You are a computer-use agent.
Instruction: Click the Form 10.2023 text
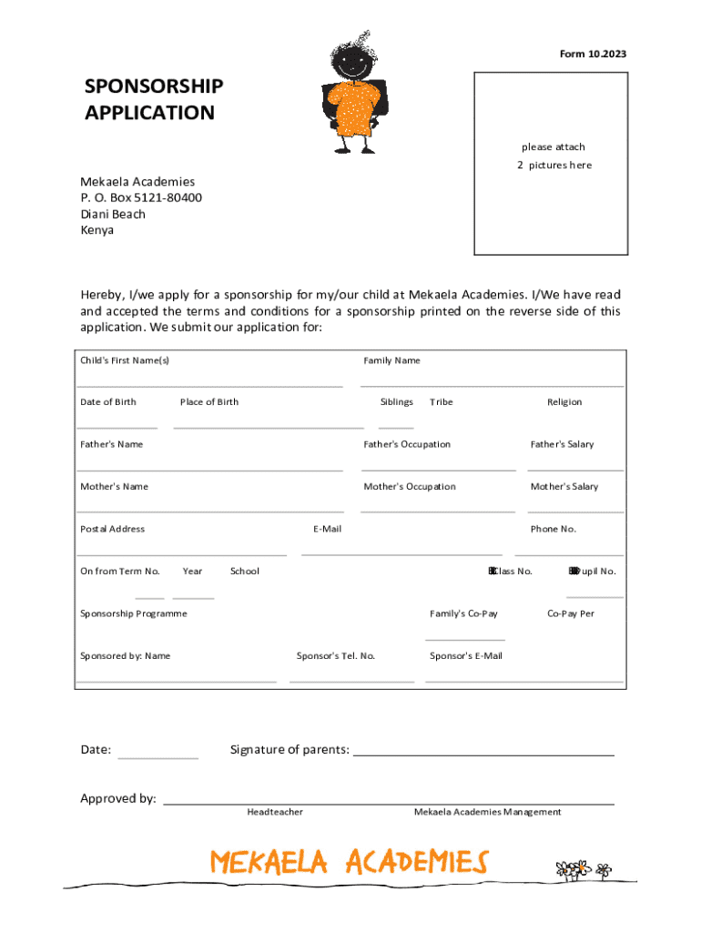593,55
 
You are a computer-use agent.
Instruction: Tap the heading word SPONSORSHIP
153,86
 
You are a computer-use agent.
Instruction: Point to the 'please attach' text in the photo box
553,147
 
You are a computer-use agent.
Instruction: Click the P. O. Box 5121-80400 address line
141,198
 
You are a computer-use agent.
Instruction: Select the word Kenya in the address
97,230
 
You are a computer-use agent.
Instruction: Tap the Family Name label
391,360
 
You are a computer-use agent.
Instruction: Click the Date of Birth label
108,401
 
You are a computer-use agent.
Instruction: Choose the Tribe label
441,401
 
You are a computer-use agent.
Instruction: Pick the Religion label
564,401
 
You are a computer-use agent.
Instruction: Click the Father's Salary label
562,444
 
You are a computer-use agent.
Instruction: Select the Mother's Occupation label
410,486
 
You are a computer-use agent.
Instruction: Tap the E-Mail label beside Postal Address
327,529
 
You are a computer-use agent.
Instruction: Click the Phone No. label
554,529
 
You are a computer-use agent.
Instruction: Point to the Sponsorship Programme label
134,613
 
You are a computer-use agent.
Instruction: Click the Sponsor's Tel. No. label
336,655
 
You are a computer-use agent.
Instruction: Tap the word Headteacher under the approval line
275,812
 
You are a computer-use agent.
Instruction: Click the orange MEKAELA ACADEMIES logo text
349,862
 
